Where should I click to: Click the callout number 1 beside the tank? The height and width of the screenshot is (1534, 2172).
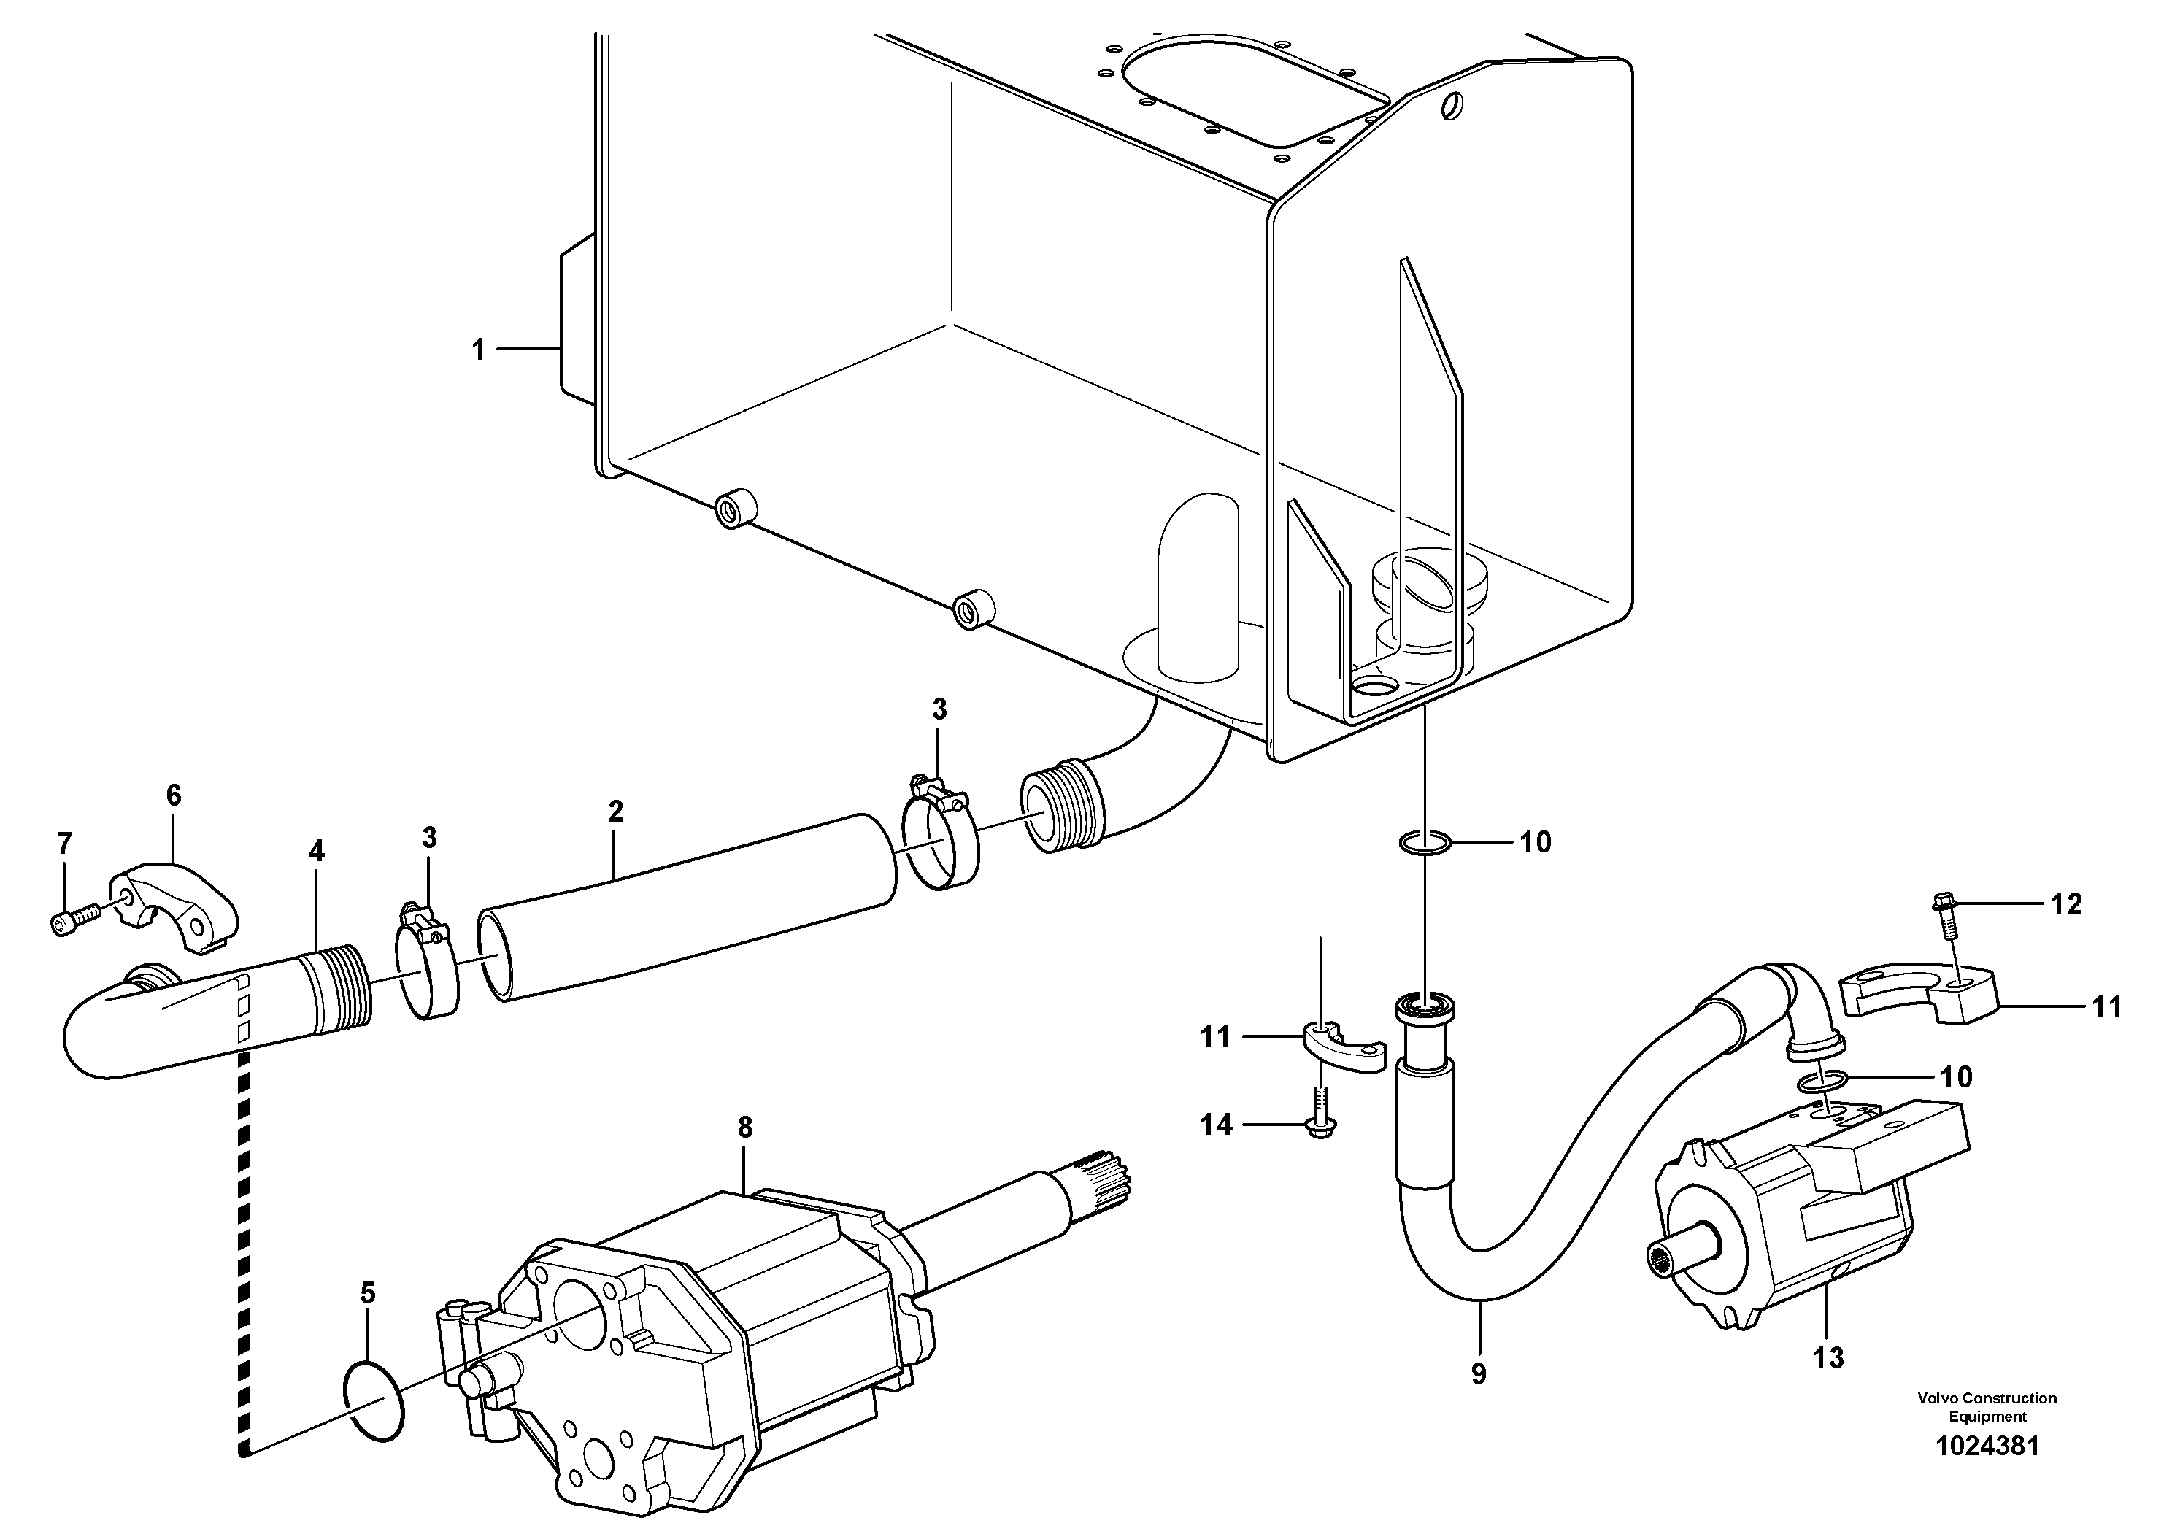pos(478,350)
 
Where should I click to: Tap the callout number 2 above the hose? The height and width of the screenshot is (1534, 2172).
pos(616,812)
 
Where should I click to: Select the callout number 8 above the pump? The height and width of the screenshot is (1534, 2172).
pos(745,1128)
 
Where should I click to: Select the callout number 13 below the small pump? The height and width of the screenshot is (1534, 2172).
pos(1828,1358)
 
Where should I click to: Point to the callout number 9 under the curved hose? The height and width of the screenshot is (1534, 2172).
pos(1479,1373)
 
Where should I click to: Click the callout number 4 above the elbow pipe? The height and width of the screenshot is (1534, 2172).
pos(316,851)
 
